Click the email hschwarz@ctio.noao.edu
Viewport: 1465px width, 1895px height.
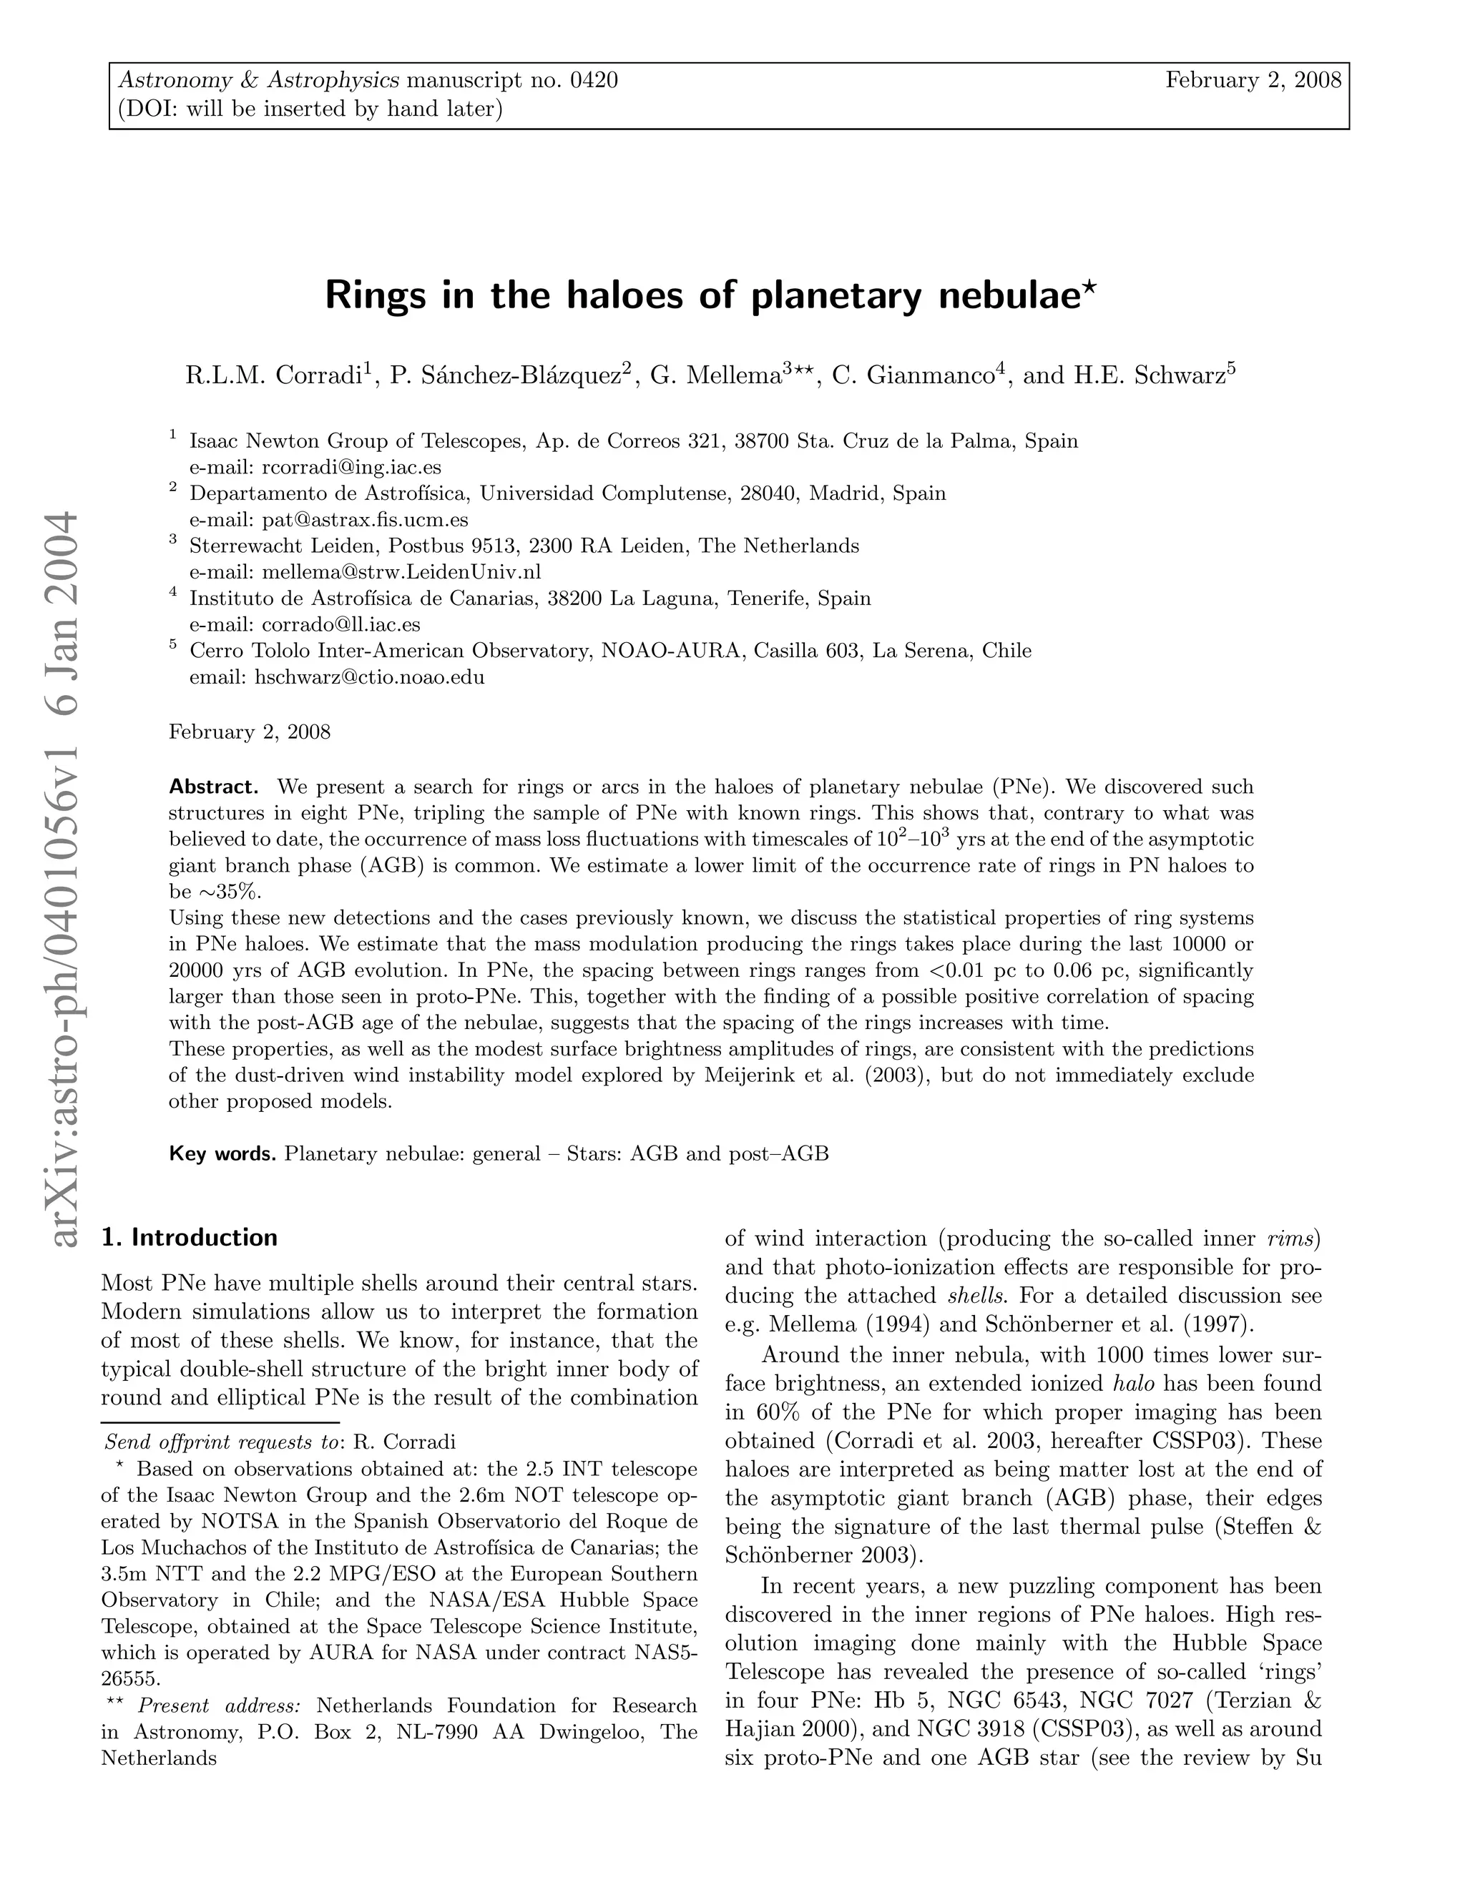coord(369,676)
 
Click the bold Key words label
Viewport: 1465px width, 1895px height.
coord(223,1154)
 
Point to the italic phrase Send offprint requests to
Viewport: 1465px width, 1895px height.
coord(221,1443)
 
